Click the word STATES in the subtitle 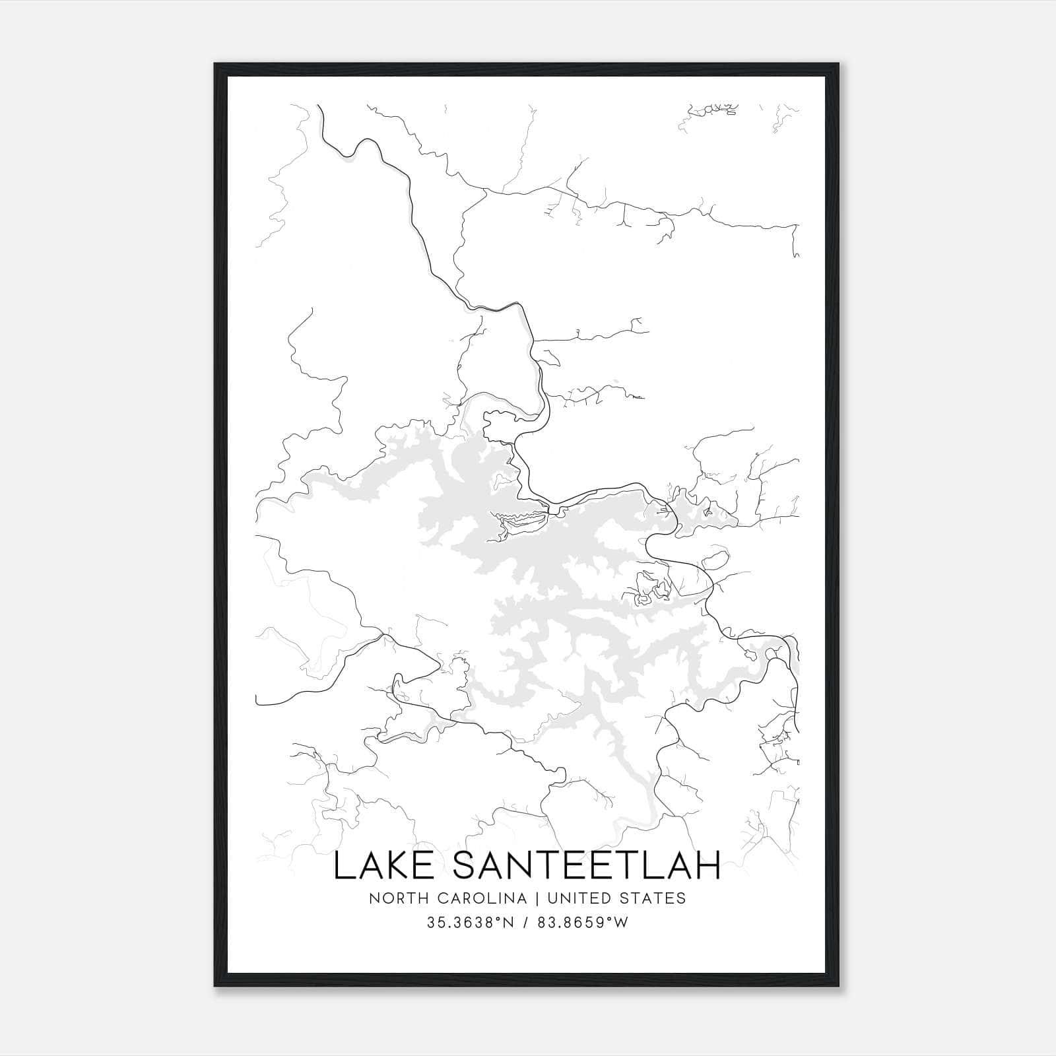[x=656, y=898]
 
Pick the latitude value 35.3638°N [x=470, y=923]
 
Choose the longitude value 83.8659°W [x=581, y=923]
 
